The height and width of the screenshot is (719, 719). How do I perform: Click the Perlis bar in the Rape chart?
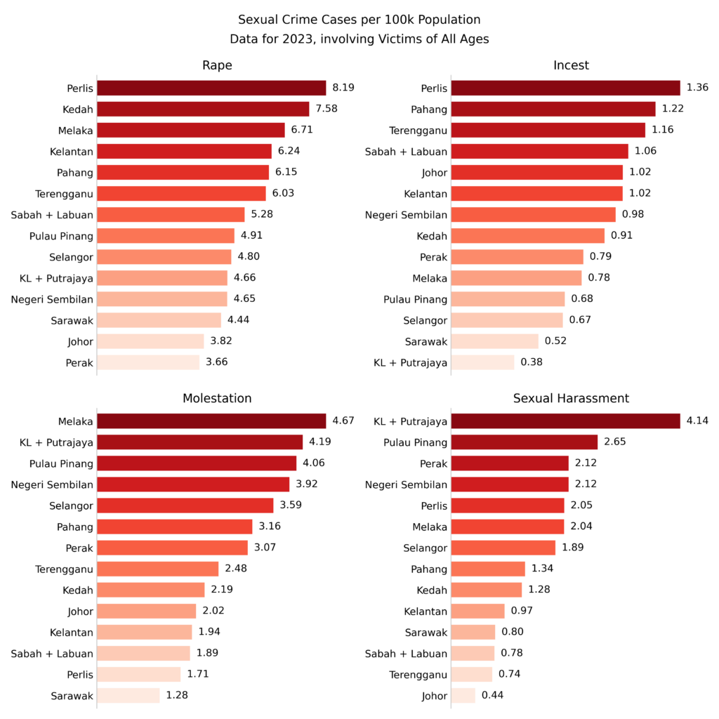(211, 88)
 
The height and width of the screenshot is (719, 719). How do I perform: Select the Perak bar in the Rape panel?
(148, 362)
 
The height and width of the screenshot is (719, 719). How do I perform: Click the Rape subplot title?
(217, 65)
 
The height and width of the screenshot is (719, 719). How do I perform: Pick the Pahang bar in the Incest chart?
(553, 109)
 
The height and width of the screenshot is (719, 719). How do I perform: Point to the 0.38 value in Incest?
(532, 362)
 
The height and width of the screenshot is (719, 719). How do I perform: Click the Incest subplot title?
(571, 65)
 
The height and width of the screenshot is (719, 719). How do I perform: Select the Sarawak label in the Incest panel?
(426, 341)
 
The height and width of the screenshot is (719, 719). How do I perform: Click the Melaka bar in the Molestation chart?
(211, 421)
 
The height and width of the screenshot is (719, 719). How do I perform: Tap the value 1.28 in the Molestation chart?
(177, 695)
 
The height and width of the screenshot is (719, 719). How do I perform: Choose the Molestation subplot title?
(217, 398)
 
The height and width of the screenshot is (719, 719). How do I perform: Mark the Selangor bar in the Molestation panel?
(185, 506)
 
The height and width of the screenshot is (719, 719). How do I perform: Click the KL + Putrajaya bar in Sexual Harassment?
(565, 421)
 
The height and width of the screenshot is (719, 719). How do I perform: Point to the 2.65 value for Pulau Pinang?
(614, 442)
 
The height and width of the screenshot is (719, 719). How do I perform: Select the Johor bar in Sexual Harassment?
(463, 695)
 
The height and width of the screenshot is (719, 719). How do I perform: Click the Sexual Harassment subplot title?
(571, 398)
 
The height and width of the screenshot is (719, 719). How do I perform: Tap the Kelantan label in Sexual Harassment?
(426, 611)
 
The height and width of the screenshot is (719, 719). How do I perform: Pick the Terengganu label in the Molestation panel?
(64, 569)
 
